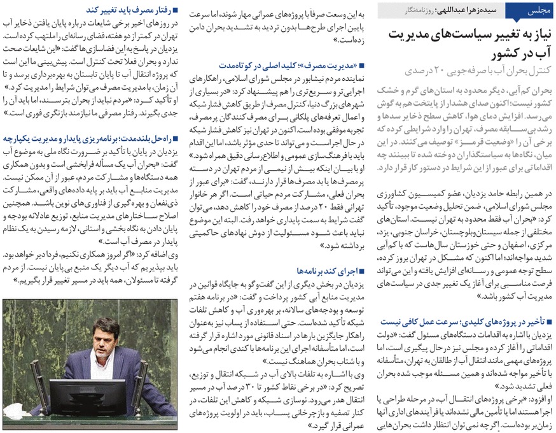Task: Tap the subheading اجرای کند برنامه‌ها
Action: coord(320,270)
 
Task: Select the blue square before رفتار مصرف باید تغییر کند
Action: coord(176,10)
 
